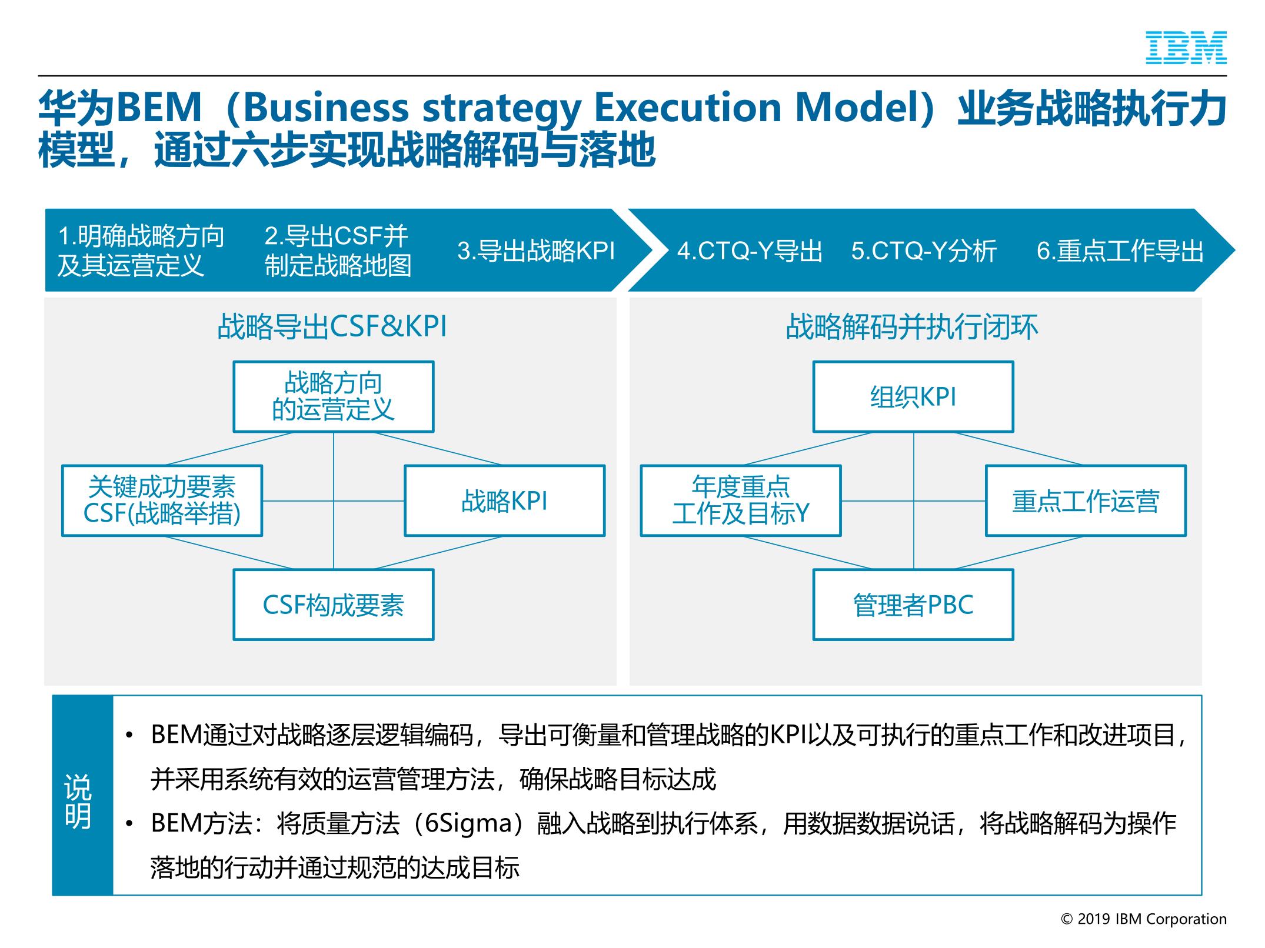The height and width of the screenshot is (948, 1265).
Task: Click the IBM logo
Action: coord(1186,48)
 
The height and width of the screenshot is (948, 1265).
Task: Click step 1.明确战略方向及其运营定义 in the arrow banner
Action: coord(141,251)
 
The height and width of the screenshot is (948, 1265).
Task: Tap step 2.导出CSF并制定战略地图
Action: coord(338,251)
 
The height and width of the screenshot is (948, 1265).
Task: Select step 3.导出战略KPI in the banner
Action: coord(536,251)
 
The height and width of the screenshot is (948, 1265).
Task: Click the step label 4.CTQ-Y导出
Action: coord(750,251)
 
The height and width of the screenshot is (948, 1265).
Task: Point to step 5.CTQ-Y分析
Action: coord(924,251)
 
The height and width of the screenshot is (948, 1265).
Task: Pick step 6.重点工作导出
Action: coord(1120,251)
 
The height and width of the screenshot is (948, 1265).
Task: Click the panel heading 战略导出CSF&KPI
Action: coord(332,327)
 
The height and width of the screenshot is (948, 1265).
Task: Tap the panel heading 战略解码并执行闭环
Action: coord(912,327)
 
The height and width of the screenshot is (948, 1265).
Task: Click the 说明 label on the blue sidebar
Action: coord(78,802)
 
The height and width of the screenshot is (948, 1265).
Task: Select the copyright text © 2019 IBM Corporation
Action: coord(1144,919)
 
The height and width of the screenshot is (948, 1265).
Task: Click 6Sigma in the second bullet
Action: coord(470,823)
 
